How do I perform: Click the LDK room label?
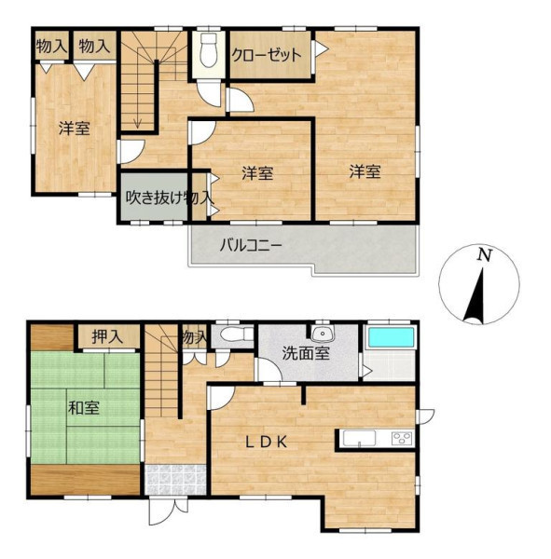[x=267, y=443]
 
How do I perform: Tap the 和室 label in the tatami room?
[x=84, y=407]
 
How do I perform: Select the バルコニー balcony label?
[x=251, y=245]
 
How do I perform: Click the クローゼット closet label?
[x=267, y=55]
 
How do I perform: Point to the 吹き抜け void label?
[x=154, y=198]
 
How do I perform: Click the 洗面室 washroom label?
[x=306, y=353]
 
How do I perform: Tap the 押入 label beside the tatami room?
[x=107, y=336]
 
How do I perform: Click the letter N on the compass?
[x=485, y=255]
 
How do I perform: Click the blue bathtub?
[x=391, y=337]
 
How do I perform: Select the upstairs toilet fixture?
[x=209, y=50]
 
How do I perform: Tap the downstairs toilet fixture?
[x=236, y=334]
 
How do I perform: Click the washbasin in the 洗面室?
[x=322, y=333]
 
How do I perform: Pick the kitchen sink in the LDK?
[x=359, y=438]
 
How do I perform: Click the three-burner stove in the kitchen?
[x=402, y=438]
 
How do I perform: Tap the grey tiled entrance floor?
[x=176, y=479]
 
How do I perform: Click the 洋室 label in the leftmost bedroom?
[x=75, y=128]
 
